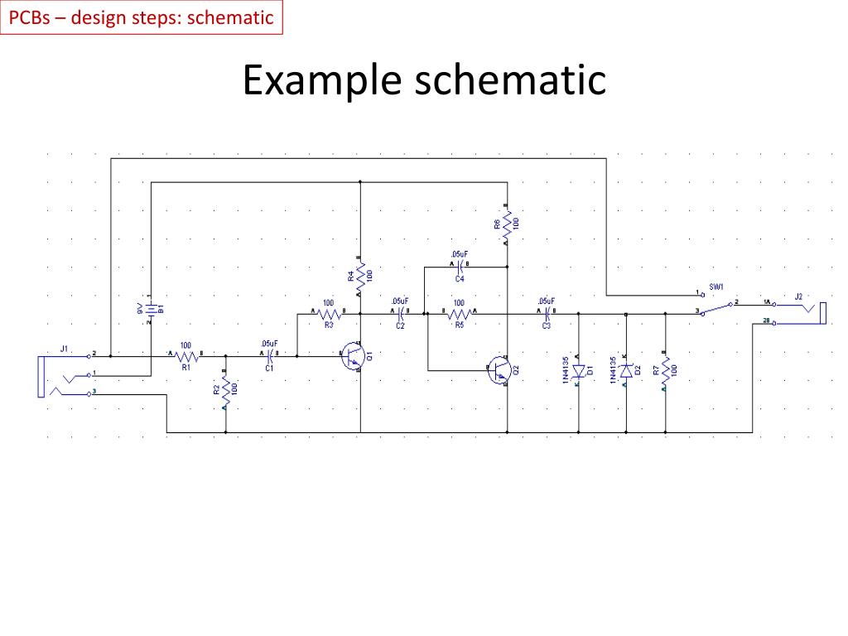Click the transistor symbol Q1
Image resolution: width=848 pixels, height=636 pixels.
click(354, 355)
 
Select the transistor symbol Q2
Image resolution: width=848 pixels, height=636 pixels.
click(499, 369)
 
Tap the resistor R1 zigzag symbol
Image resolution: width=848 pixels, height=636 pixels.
click(185, 354)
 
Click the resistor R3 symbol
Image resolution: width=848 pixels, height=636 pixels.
click(327, 313)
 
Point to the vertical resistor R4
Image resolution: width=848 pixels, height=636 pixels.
click(360, 275)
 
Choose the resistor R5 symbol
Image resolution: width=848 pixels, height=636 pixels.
click(459, 314)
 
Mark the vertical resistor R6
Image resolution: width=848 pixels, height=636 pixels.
click(507, 224)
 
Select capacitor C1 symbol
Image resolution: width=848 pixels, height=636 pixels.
click(269, 355)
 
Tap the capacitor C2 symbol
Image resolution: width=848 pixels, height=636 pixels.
click(400, 314)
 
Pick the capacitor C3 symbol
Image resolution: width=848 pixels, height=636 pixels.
click(546, 314)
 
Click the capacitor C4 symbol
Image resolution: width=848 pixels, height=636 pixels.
click(459, 267)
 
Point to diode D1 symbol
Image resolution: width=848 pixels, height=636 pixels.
click(579, 370)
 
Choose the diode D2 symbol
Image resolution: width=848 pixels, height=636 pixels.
click(626, 370)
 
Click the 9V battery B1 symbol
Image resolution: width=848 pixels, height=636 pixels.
click(151, 308)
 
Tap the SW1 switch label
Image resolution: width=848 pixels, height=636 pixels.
click(716, 286)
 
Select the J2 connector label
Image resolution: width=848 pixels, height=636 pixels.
click(798, 296)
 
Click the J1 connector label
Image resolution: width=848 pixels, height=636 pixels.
click(64, 348)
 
